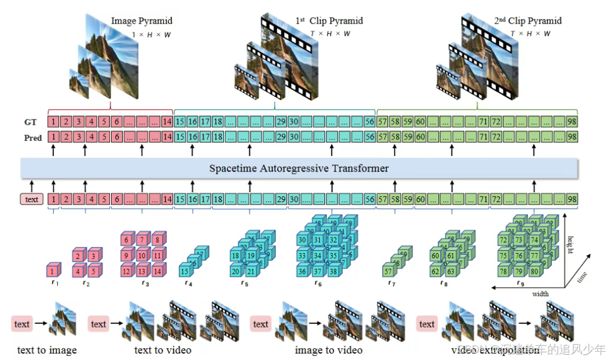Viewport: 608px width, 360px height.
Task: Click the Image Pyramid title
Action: [142, 21]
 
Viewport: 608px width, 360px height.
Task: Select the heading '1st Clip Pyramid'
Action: [329, 21]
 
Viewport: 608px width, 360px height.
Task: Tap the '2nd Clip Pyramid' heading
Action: [528, 21]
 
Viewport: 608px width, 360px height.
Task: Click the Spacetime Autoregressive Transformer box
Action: [299, 168]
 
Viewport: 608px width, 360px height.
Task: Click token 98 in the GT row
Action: [571, 122]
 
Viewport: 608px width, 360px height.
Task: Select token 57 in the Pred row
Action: [382, 137]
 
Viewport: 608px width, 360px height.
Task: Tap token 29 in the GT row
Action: [281, 122]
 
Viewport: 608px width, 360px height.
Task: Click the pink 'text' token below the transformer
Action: [32, 199]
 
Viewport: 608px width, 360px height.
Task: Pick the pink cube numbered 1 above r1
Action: [53, 271]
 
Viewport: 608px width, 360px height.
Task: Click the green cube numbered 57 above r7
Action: [388, 271]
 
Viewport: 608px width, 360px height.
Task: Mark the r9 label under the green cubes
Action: [519, 283]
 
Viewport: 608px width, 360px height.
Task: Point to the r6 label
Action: [318, 283]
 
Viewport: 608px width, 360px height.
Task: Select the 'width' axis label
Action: [540, 294]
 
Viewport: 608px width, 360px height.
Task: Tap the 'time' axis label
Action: [583, 276]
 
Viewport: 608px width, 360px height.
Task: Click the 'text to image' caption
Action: [47, 350]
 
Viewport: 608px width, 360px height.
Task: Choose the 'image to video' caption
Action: [329, 350]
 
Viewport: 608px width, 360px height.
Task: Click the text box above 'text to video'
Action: [99, 324]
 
